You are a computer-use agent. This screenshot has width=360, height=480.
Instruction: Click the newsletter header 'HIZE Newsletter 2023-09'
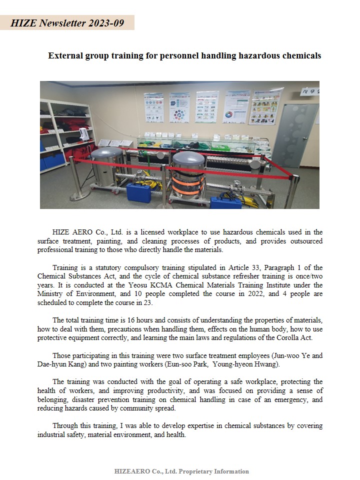pos(67,23)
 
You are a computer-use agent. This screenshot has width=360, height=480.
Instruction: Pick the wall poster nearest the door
pos(266,106)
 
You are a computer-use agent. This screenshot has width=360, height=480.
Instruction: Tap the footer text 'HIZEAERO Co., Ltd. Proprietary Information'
pos(181,471)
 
